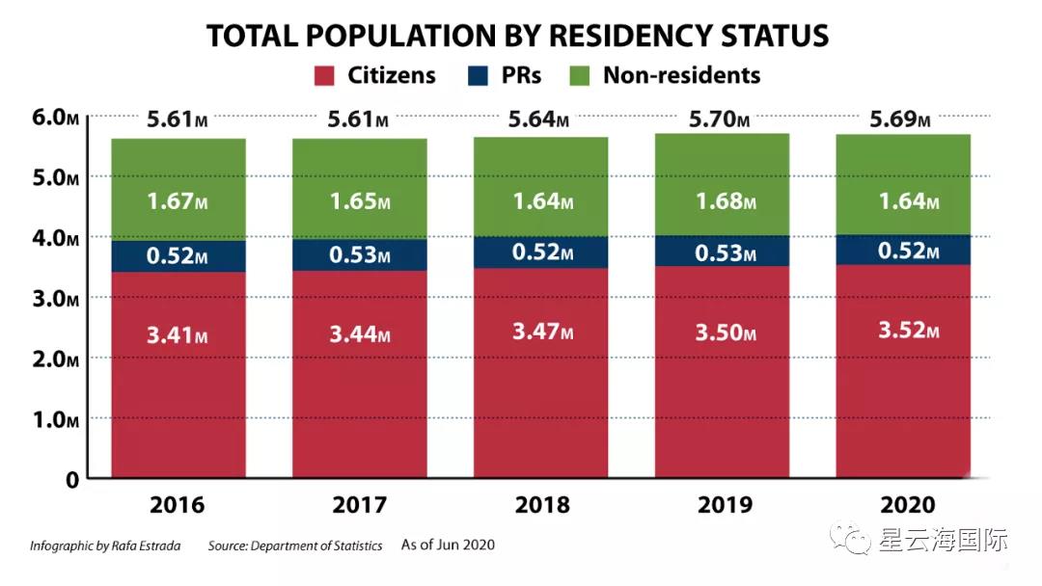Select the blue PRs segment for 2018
(x=540, y=253)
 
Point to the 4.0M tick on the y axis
(x=54, y=237)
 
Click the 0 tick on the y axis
(x=70, y=479)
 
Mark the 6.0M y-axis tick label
(x=54, y=117)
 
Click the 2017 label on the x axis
(x=359, y=504)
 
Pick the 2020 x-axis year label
(x=903, y=504)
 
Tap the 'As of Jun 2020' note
(x=448, y=546)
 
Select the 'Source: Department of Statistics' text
(x=295, y=546)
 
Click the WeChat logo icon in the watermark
(x=853, y=540)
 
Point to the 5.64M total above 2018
(x=540, y=120)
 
